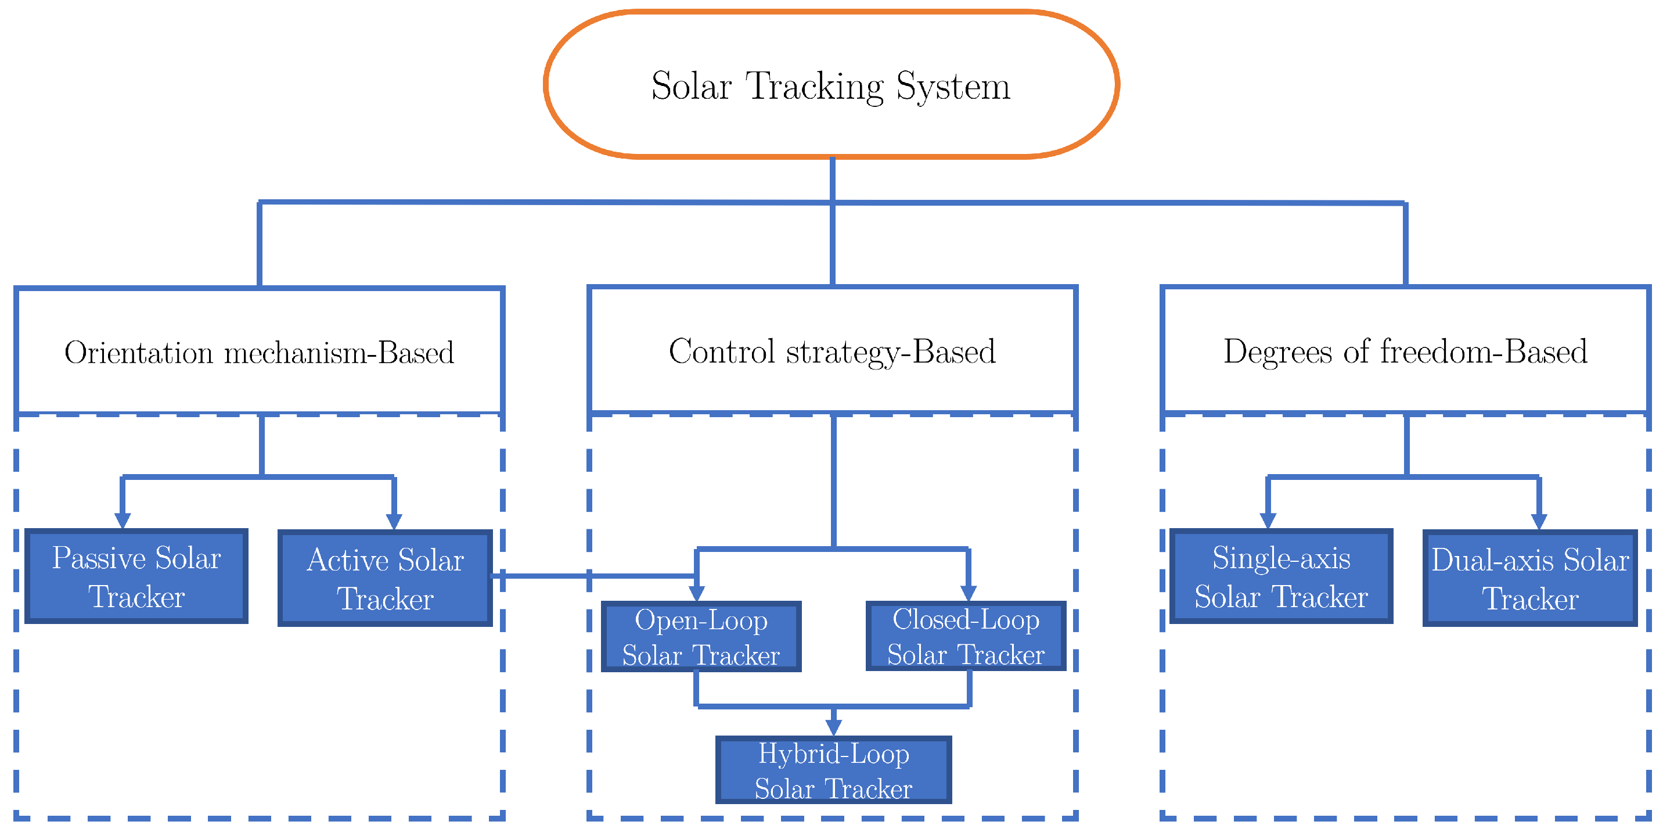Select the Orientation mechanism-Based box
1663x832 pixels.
coord(259,352)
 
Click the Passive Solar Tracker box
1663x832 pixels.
coord(136,576)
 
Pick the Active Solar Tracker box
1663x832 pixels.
coord(386,578)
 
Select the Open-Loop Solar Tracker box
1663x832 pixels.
coord(701,637)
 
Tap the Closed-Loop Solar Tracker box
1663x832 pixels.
coord(966,636)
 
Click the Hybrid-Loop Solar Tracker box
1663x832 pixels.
coord(833,770)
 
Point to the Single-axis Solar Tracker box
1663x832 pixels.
coord(1281,576)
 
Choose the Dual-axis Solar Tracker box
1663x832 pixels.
coord(1530,578)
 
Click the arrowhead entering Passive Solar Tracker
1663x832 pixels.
coord(123,521)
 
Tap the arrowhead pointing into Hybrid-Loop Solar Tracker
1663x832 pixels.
coord(833,727)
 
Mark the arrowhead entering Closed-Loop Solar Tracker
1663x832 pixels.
coord(969,593)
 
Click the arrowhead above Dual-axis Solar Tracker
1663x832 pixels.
coord(1539,521)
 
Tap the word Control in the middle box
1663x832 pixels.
coord(722,352)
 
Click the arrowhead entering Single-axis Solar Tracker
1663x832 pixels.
coord(1268,521)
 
